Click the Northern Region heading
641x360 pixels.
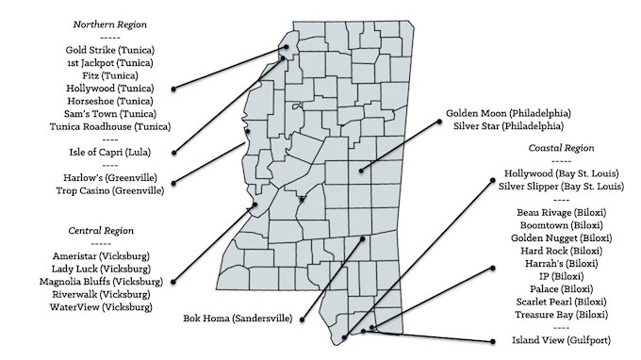[110, 22]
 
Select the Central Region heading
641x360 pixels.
[101, 230]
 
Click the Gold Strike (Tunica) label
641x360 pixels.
[110, 49]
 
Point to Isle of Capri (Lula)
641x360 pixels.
[110, 151]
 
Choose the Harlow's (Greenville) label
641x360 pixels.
[110, 177]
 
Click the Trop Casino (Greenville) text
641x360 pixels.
[110, 190]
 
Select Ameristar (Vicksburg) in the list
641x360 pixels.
[101, 255]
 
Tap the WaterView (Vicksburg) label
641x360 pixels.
[101, 307]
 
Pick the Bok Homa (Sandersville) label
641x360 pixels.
[238, 318]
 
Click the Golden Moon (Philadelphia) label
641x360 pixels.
[509, 112]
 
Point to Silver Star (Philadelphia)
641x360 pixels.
[509, 125]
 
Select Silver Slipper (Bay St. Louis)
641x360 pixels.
[564, 187]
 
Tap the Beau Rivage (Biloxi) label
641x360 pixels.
[564, 213]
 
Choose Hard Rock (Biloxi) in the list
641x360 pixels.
[564, 251]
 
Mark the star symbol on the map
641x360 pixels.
[302, 200]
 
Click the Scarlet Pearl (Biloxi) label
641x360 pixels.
[564, 302]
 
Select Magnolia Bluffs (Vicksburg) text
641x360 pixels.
[101, 281]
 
